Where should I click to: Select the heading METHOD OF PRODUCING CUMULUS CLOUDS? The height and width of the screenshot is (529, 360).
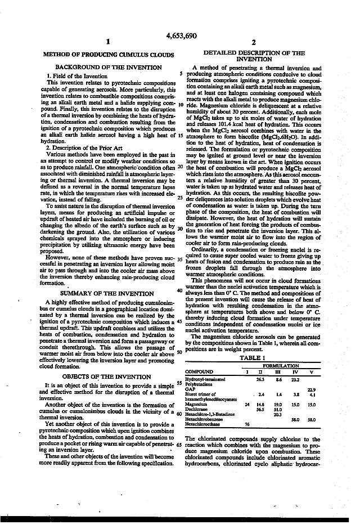104,55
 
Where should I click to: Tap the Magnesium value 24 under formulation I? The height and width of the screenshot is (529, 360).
247,404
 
